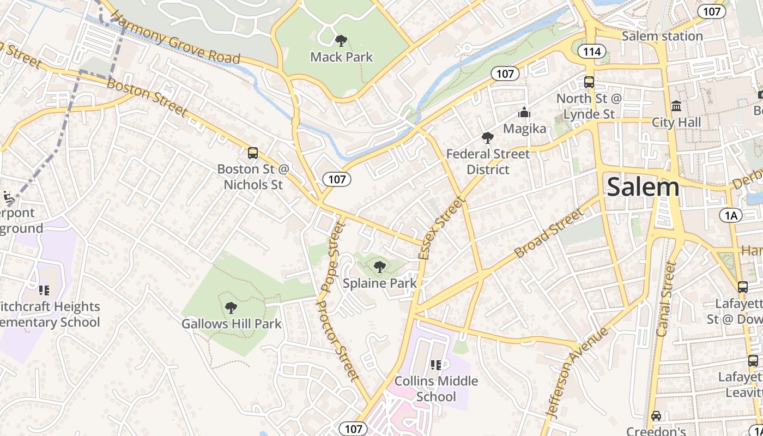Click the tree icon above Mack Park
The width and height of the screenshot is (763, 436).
[x=341, y=40]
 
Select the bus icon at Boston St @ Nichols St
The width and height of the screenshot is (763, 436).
[x=252, y=153]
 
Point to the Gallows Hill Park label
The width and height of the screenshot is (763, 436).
[x=232, y=324]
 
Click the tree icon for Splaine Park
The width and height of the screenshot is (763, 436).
[x=380, y=267]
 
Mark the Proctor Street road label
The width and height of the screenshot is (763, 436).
[x=338, y=341]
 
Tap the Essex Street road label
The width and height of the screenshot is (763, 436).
[x=443, y=227]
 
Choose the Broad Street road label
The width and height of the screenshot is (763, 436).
[x=549, y=233]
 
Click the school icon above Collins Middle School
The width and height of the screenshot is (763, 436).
[x=435, y=365]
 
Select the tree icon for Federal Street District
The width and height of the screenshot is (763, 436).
[x=487, y=138]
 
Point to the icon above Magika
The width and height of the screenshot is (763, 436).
[x=524, y=112]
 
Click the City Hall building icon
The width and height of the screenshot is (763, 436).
[x=676, y=105]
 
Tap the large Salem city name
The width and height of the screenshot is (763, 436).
[x=643, y=187]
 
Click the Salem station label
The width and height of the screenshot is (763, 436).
[x=662, y=37]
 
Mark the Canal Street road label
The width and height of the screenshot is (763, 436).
[x=667, y=299]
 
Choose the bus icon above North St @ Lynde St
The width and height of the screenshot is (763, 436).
[x=589, y=82]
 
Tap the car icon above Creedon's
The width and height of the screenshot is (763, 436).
[x=656, y=416]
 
